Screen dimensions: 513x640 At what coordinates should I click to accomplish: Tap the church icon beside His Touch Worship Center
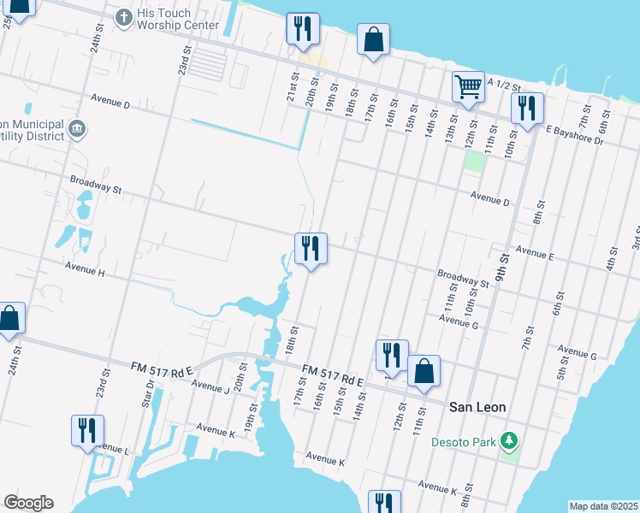123,17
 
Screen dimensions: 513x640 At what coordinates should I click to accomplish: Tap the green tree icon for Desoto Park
510,441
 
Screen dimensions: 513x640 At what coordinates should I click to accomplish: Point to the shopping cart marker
468,85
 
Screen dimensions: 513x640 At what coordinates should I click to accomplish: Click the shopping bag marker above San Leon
424,371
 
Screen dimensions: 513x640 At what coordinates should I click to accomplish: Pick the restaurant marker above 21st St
303,28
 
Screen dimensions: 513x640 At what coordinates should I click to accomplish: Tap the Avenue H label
84,272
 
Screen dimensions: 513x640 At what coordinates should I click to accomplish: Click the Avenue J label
210,386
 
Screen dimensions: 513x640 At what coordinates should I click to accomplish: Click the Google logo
28,503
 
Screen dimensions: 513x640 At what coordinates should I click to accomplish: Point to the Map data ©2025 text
602,506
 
